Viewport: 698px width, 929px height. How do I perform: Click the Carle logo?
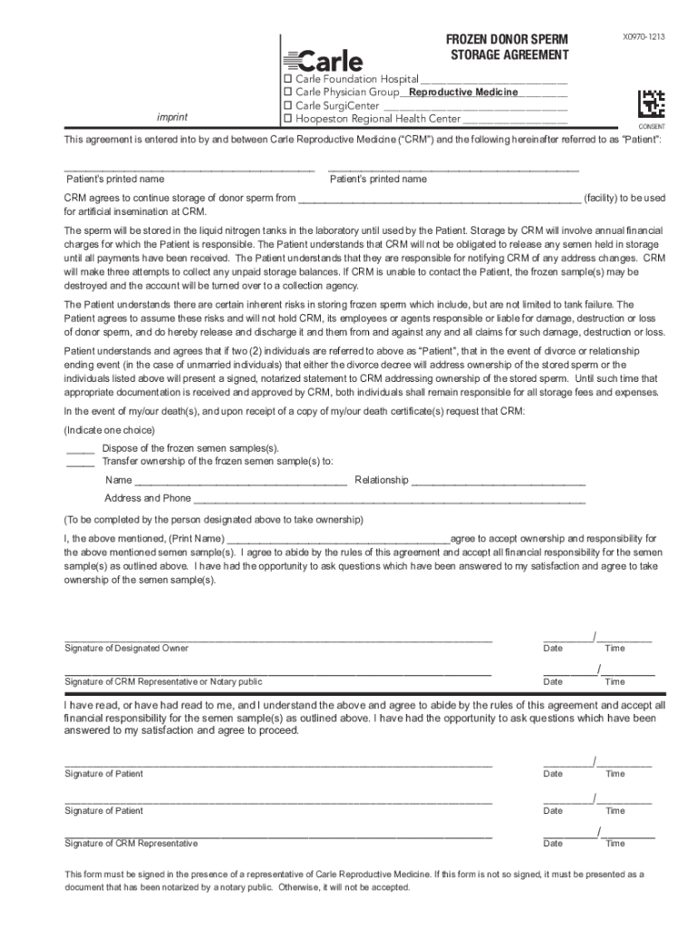pos(324,61)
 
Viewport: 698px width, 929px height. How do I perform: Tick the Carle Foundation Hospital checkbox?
pos(288,80)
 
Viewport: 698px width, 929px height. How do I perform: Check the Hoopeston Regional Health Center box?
pos(288,119)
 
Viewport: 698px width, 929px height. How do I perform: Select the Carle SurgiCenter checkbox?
pos(288,106)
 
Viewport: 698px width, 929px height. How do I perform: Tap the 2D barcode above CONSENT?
pos(651,103)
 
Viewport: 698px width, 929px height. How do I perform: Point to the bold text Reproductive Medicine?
pos(462,93)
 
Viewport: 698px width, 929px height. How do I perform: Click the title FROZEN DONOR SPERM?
pos(506,40)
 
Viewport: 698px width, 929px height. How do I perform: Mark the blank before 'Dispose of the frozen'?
pos(81,449)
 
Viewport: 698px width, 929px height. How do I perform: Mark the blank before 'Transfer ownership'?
pos(81,462)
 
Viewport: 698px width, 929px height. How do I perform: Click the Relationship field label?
pos(382,480)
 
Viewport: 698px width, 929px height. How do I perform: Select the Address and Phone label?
pos(148,498)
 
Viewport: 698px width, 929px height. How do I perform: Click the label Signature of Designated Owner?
pos(126,649)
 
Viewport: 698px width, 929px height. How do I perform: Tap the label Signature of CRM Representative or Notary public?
pos(163,681)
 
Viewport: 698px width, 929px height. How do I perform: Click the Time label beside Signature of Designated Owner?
pos(615,649)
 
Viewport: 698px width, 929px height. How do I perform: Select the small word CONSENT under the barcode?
pos(652,127)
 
